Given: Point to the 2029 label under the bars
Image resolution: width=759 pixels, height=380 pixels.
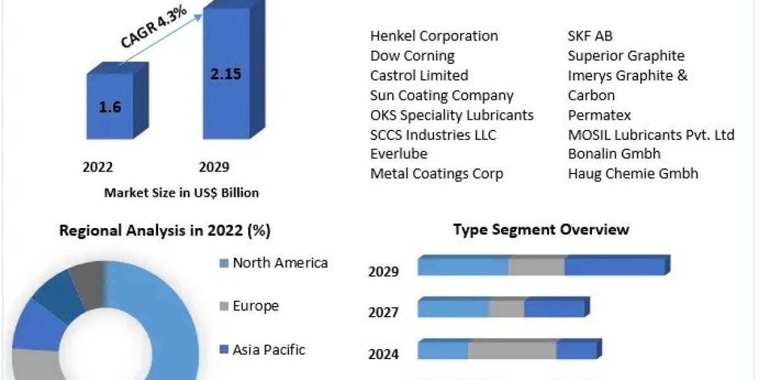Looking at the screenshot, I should tap(214, 167).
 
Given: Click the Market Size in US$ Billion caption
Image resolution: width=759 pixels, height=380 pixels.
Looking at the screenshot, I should tap(181, 193).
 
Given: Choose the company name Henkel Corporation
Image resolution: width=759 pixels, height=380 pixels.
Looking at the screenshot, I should tap(434, 36).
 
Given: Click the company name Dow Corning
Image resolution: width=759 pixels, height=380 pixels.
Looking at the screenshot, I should tap(412, 56).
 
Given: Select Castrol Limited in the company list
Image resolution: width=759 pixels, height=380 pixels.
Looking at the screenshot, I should tap(419, 75).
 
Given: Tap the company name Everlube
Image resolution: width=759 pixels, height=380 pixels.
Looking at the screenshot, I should tap(398, 154).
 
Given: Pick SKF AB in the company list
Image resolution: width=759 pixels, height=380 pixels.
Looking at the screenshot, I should tap(590, 36).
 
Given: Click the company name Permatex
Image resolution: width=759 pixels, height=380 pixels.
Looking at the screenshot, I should tap(599, 115).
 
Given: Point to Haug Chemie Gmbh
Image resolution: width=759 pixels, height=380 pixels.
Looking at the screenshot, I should tap(632, 174).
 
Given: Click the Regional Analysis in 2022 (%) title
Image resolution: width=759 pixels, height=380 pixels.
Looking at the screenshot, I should tap(164, 231).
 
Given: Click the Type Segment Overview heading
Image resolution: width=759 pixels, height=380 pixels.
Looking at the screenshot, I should tap(541, 229).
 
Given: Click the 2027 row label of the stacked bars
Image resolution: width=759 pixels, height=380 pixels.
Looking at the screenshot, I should tap(383, 313).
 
